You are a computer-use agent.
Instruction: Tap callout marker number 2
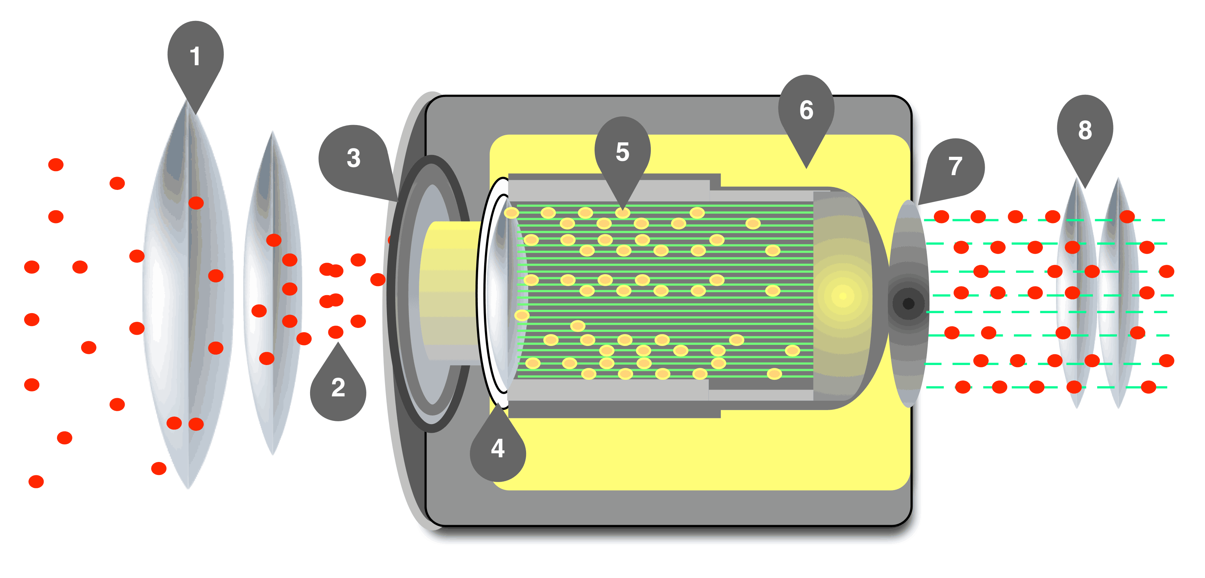click(338, 388)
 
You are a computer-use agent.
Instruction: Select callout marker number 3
click(353, 158)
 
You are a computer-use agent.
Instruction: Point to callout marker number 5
click(622, 151)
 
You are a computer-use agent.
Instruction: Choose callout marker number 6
click(806, 110)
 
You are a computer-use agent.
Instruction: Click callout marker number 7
click(955, 166)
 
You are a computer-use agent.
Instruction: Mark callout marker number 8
click(1085, 130)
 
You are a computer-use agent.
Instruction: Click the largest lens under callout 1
click(188, 299)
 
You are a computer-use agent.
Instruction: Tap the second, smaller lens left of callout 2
click(272, 295)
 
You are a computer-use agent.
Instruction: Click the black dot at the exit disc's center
click(908, 304)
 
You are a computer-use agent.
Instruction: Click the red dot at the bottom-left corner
click(36, 481)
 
